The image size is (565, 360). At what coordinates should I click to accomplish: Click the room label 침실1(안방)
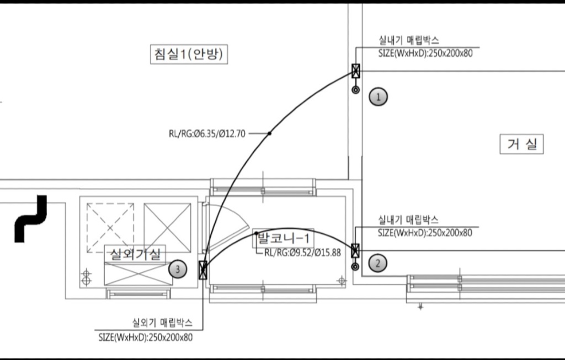click(x=189, y=54)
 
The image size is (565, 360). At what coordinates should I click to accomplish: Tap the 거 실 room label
click(x=521, y=144)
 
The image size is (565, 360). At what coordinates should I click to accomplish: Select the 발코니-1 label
click(x=283, y=238)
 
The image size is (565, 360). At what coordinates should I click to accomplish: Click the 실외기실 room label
click(x=135, y=254)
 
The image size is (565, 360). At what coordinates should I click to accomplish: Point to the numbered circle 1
click(x=379, y=97)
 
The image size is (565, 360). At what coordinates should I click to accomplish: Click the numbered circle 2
click(x=377, y=263)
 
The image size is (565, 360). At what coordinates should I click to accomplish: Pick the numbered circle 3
click(x=178, y=269)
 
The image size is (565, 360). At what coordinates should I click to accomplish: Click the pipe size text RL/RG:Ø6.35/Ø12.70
click(x=207, y=134)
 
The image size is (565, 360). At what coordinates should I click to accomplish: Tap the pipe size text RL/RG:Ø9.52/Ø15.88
click(x=302, y=252)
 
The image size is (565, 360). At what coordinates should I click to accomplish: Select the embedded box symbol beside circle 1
click(x=356, y=71)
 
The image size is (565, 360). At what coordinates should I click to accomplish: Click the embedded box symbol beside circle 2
click(x=355, y=250)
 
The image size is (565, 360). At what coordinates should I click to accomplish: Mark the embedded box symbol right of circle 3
click(x=203, y=270)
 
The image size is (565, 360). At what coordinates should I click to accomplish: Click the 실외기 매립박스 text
click(x=162, y=323)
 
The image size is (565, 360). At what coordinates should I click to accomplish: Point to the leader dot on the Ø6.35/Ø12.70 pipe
click(x=269, y=133)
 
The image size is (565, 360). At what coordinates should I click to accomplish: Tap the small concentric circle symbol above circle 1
click(x=356, y=90)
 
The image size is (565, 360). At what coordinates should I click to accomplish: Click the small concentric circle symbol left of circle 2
click(x=355, y=267)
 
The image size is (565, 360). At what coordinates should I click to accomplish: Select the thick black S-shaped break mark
click(x=31, y=219)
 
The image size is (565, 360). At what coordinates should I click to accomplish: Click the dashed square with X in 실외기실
click(x=110, y=228)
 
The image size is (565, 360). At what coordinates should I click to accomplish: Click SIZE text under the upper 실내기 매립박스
click(x=425, y=53)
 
